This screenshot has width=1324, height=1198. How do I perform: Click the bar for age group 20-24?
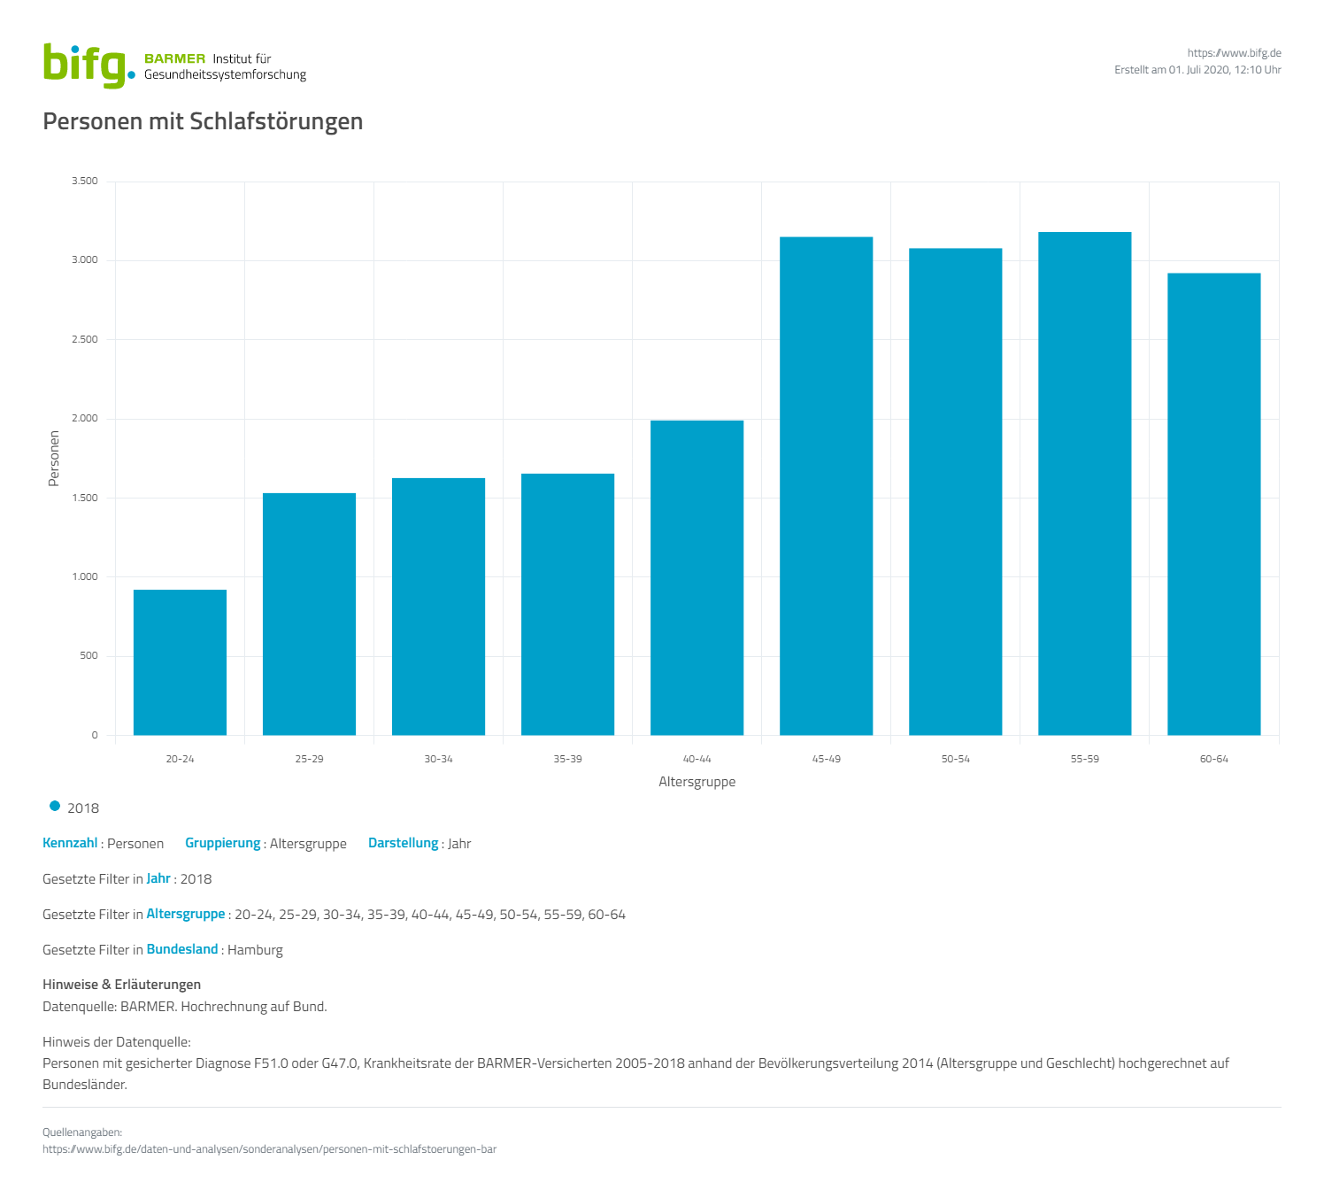(180, 662)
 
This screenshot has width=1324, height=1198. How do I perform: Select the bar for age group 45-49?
(826, 486)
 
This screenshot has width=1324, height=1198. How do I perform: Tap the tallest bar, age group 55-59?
(1084, 483)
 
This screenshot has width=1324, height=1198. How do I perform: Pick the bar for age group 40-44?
(697, 577)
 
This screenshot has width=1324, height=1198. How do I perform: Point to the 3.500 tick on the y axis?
(85, 182)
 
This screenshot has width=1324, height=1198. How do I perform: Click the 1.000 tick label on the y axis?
(85, 577)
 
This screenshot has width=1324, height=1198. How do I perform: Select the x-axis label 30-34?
(438, 759)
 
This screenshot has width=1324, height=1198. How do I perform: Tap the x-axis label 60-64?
(1213, 759)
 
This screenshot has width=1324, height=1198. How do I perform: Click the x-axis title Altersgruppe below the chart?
(697, 782)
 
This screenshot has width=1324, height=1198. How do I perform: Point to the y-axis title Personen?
(54, 458)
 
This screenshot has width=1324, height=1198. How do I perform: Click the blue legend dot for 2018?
(55, 807)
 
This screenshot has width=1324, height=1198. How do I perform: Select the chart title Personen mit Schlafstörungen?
(203, 121)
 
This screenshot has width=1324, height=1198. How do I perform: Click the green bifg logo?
(87, 65)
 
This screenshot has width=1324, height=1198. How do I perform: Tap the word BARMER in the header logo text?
(174, 59)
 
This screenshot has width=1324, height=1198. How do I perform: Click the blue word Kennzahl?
(70, 843)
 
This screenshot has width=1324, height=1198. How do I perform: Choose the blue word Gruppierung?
(222, 843)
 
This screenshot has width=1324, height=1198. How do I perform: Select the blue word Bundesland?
(181, 949)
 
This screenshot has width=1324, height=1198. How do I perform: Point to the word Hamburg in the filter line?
(255, 950)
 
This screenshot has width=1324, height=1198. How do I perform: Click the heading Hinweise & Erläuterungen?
(121, 985)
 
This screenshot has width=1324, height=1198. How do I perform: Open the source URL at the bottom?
(269, 1149)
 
